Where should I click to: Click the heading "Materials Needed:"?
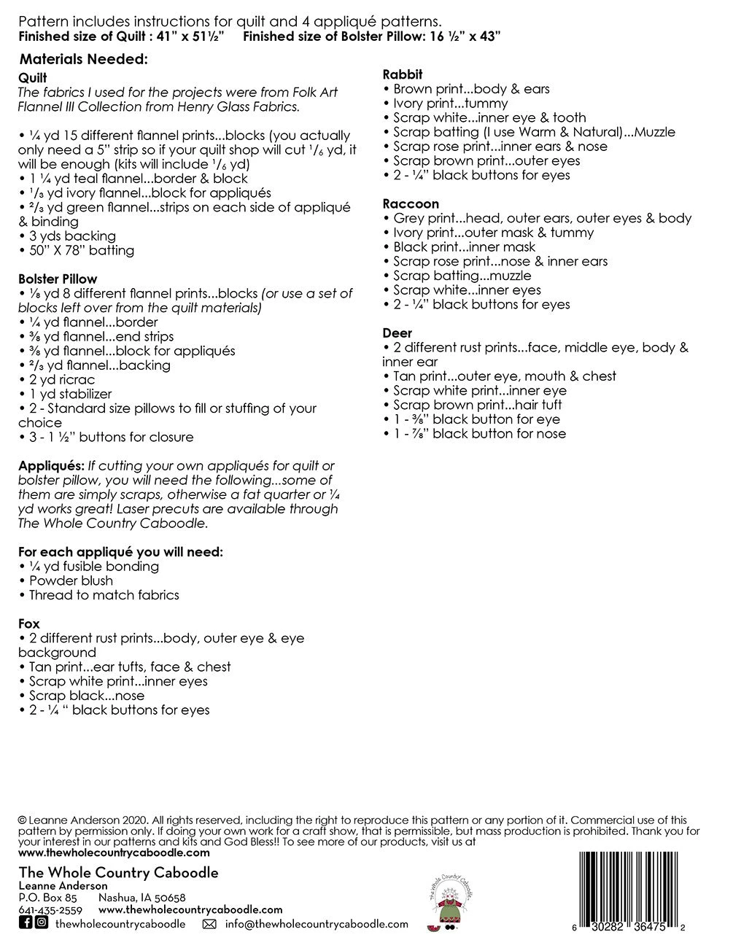point(84,59)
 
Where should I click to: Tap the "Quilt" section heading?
point(33,78)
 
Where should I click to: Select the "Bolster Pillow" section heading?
point(58,279)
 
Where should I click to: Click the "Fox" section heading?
point(29,623)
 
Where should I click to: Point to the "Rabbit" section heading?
point(403,74)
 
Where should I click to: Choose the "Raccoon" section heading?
point(411,204)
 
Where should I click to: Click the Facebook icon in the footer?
point(25,923)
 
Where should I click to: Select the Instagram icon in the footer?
point(42,923)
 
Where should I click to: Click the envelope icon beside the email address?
point(209,924)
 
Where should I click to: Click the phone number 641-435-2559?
point(50,910)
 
